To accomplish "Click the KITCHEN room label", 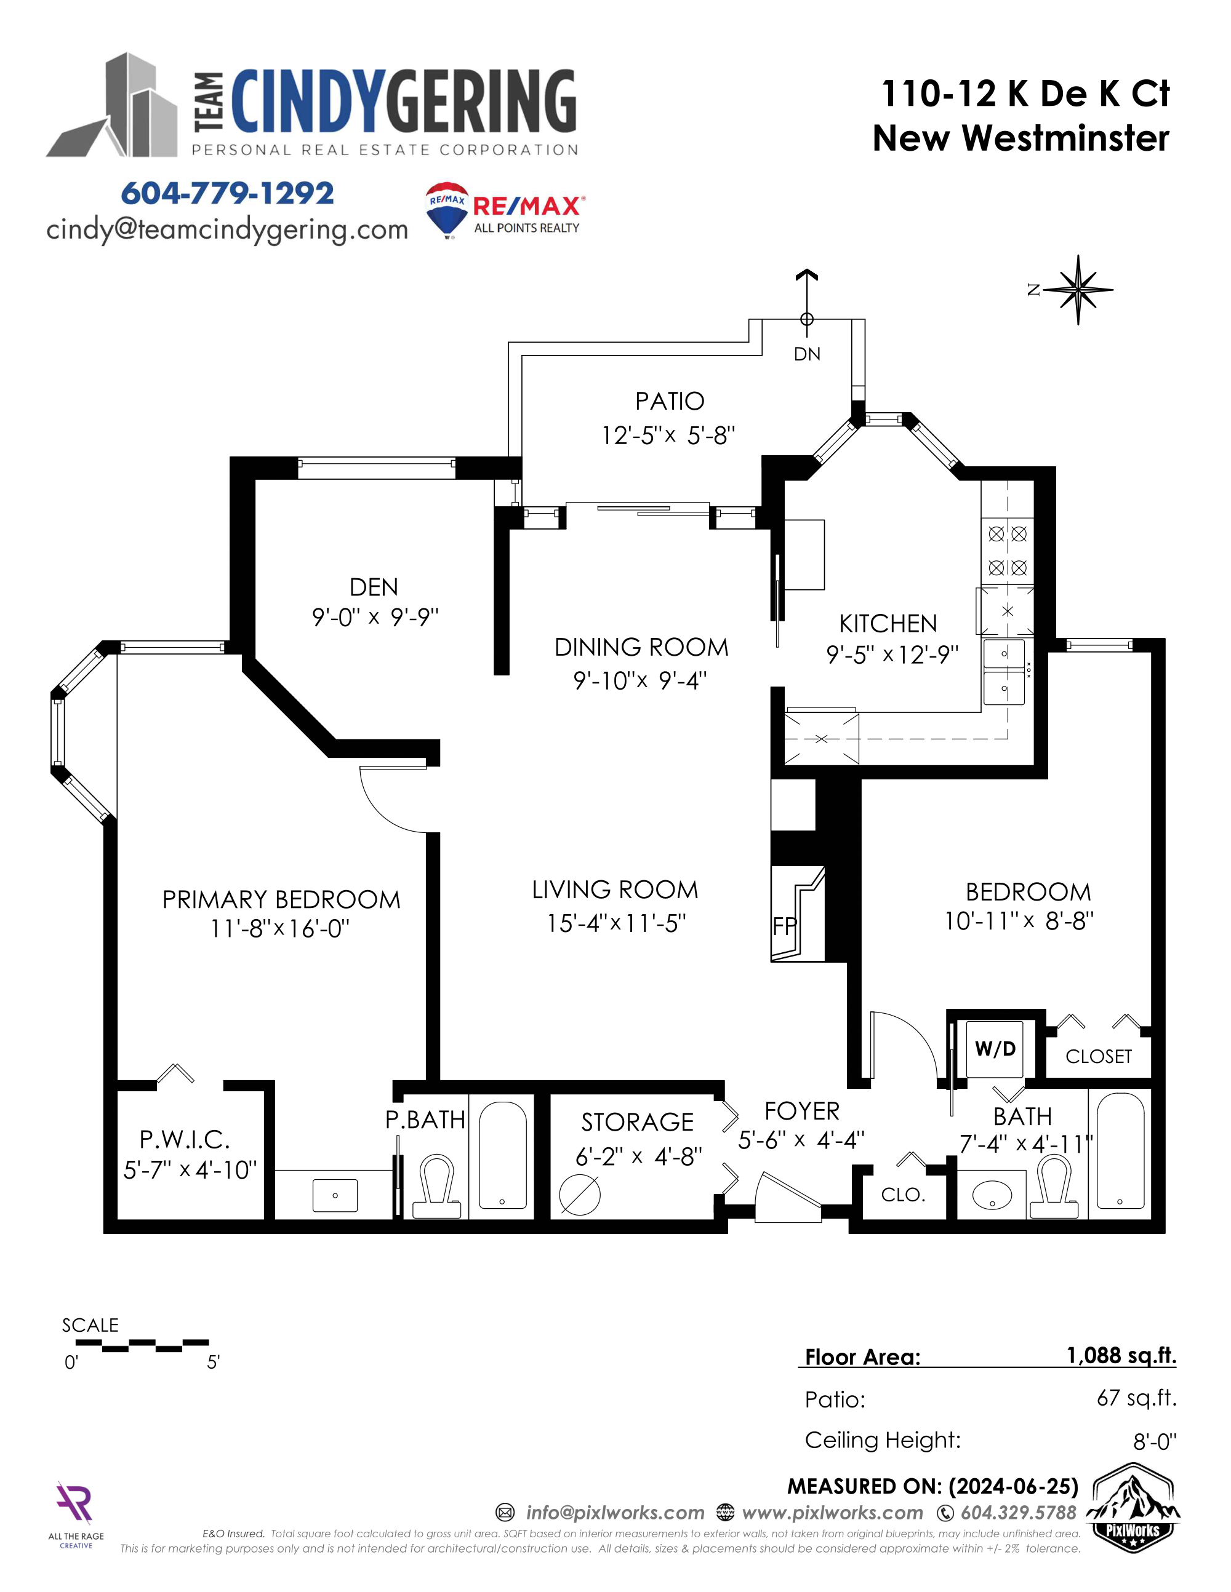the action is click(888, 623).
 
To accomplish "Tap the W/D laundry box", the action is click(995, 1049).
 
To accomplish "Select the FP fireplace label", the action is click(785, 926).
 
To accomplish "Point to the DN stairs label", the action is click(806, 354).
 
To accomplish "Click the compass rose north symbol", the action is click(1077, 289).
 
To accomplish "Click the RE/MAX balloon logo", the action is click(446, 210).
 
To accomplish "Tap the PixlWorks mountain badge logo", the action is click(1133, 1513).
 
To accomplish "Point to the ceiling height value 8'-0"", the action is click(1155, 1441).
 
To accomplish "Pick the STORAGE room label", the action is click(638, 1122).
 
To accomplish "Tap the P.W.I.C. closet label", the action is click(185, 1139).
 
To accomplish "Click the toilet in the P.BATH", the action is click(437, 1186).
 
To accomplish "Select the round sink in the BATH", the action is click(992, 1195).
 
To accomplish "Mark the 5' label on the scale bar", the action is click(213, 1363).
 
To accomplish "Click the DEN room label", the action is click(374, 587).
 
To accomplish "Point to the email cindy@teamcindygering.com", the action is click(227, 229).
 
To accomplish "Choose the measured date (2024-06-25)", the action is click(1014, 1486).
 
